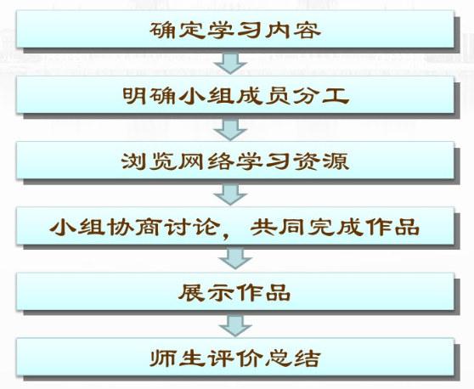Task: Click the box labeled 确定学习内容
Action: click(235, 29)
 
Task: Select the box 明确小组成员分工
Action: click(235, 94)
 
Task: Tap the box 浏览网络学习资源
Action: click(235, 161)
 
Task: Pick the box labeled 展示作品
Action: click(235, 291)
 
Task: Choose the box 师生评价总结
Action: click(235, 357)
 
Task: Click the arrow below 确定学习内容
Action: click(230, 64)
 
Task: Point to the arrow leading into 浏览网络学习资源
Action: click(230, 130)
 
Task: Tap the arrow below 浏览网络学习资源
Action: click(230, 195)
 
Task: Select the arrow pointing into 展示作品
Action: click(235, 259)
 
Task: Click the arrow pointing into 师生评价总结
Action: click(235, 326)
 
